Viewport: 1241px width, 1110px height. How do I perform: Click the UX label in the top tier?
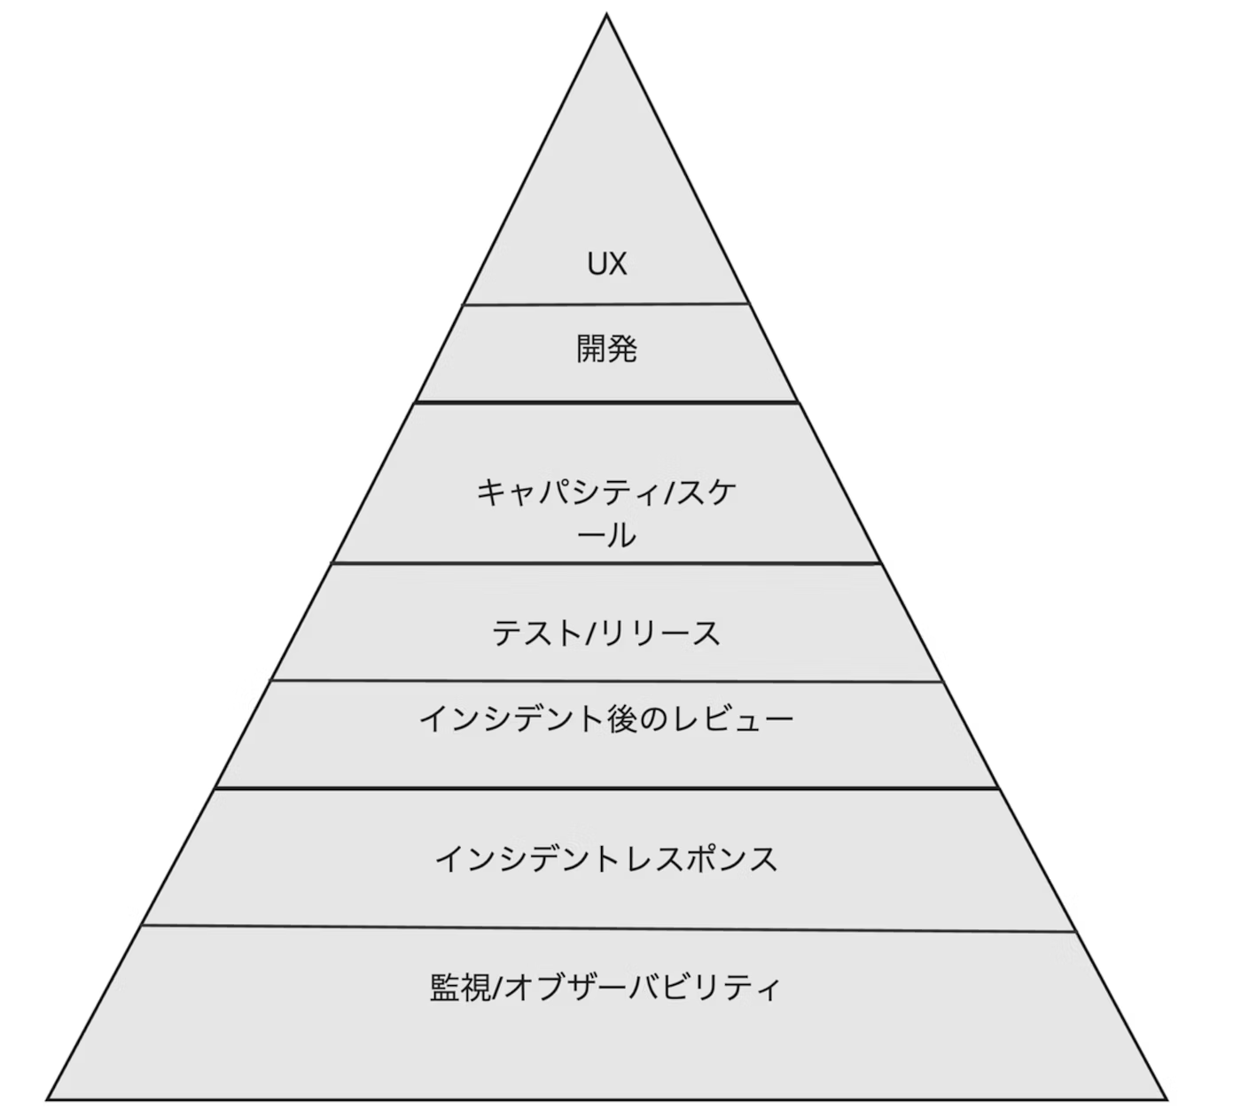point(606,263)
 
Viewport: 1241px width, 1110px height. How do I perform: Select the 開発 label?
point(606,349)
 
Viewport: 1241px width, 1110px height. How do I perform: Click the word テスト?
point(530,633)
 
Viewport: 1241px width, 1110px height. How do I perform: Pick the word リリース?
point(656,633)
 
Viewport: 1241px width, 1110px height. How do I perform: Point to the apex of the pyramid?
point(606,15)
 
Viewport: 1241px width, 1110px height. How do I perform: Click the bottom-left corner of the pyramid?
point(48,1099)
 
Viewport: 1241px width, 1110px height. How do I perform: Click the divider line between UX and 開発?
point(606,305)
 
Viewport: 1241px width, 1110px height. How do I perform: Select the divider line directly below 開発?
point(606,402)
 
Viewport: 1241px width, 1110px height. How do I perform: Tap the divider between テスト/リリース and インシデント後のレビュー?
point(606,681)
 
